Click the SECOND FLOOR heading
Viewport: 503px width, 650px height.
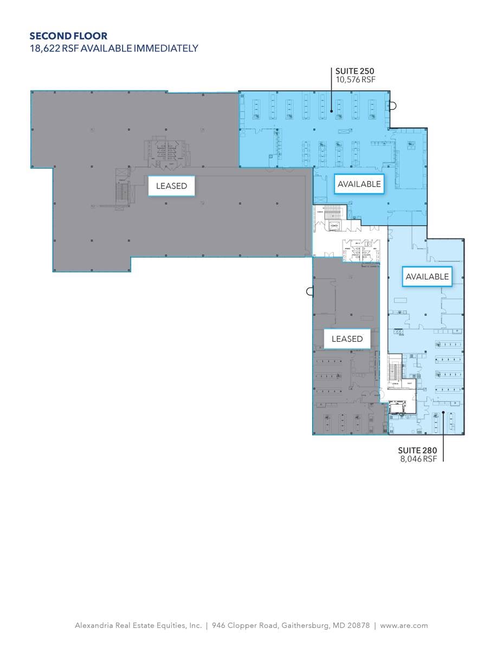pos(68,36)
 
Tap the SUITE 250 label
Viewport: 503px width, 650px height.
pos(355,71)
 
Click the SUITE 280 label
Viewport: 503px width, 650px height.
pos(417,451)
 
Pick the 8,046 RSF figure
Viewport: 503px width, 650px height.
pos(417,459)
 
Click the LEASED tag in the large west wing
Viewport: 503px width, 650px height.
pos(171,186)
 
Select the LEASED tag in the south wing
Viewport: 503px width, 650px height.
pos(347,339)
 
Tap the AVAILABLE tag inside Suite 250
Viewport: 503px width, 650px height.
pos(359,184)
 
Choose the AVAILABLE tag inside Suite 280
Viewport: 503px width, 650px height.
pos(427,277)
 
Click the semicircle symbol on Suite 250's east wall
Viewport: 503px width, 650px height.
pos(394,106)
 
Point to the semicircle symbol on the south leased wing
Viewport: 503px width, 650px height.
pos(309,291)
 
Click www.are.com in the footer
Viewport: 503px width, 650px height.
pos(404,625)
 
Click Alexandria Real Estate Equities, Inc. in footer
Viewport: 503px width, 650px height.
pos(138,625)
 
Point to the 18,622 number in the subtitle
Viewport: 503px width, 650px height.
pos(44,48)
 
